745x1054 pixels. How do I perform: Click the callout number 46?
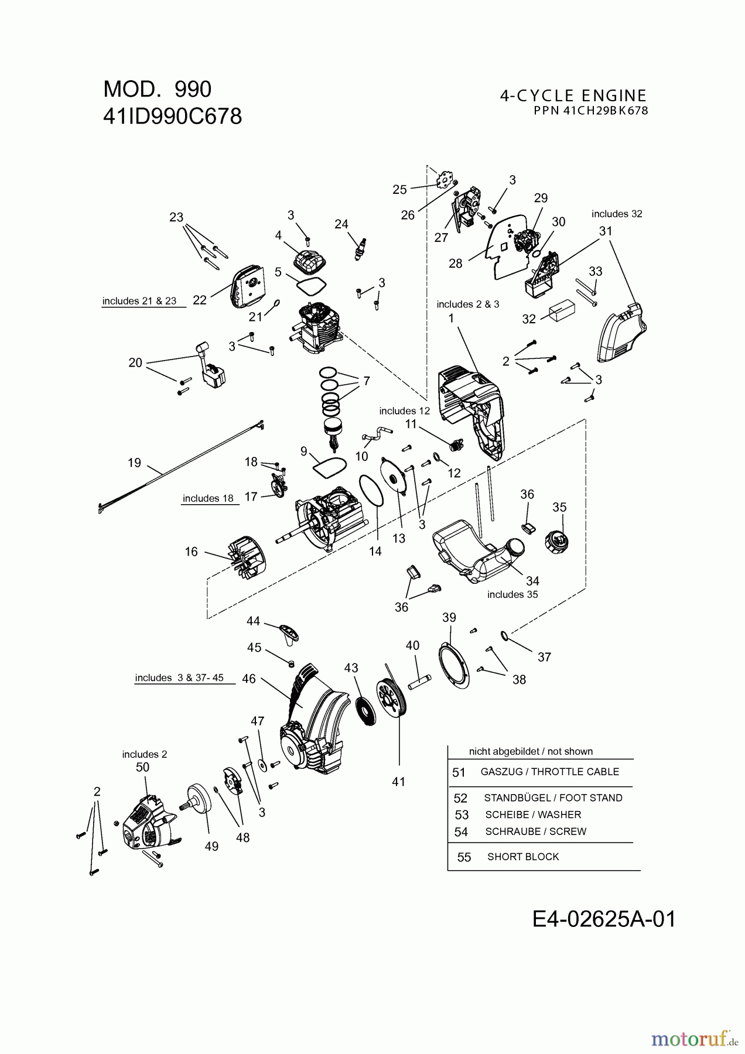click(x=249, y=679)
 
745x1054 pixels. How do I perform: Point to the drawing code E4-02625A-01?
click(x=604, y=919)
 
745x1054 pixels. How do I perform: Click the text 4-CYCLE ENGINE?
click(x=573, y=95)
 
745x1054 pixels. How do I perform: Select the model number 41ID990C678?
click(x=173, y=117)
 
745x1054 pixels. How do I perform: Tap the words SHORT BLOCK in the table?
click(x=523, y=857)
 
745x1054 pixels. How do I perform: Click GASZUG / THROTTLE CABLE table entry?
click(x=549, y=772)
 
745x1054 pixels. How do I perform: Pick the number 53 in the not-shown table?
click(x=462, y=815)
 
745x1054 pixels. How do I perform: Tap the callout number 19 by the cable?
click(x=134, y=463)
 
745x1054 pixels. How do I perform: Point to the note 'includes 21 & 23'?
click(x=139, y=301)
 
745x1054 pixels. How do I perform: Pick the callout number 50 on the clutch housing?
click(x=142, y=767)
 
